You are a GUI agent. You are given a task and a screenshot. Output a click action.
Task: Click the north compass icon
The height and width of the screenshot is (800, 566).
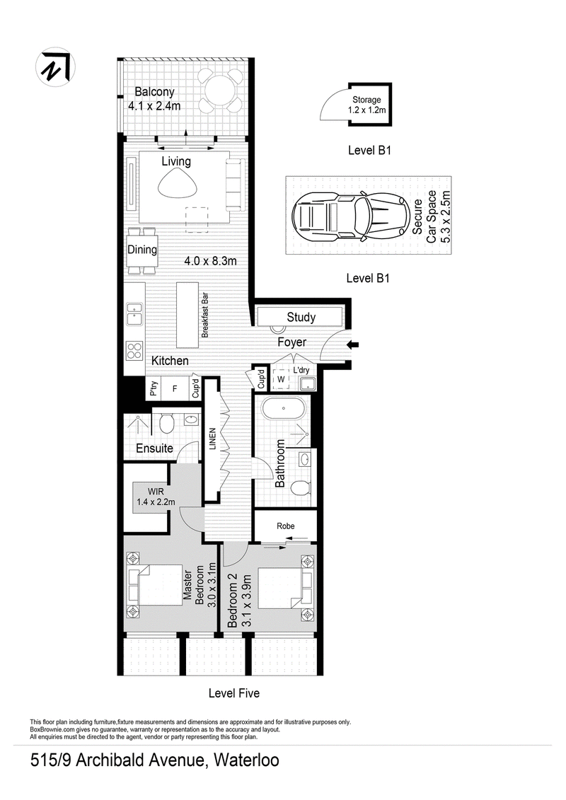pyautogui.click(x=55, y=68)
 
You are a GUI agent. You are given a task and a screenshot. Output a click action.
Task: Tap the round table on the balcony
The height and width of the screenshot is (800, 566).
pyautogui.click(x=221, y=91)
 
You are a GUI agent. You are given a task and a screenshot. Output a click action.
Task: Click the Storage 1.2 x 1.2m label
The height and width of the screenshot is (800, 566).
pyautogui.click(x=366, y=105)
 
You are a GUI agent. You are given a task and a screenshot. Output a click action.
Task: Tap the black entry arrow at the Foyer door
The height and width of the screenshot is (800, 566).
pyautogui.click(x=353, y=345)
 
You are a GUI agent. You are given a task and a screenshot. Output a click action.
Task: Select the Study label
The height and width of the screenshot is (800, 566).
pyautogui.click(x=301, y=318)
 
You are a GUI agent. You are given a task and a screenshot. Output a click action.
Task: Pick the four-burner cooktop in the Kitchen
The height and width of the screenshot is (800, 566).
pyautogui.click(x=134, y=351)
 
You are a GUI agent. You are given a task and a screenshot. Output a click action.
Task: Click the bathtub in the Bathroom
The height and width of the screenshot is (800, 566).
pyautogui.click(x=284, y=409)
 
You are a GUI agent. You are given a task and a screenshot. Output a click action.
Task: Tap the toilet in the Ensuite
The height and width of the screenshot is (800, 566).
pyautogui.click(x=166, y=422)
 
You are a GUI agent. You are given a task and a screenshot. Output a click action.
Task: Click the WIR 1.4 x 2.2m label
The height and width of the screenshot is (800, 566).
pyautogui.click(x=156, y=497)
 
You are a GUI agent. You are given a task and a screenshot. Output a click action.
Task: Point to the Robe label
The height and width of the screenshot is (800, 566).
pyautogui.click(x=286, y=526)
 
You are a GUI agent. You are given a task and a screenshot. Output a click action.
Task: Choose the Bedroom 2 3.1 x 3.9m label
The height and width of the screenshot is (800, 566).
pyautogui.click(x=239, y=601)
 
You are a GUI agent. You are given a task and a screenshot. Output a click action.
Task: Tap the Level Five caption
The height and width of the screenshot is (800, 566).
pyautogui.click(x=233, y=693)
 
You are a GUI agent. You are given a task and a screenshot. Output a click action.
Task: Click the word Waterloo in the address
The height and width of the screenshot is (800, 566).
pyautogui.click(x=246, y=760)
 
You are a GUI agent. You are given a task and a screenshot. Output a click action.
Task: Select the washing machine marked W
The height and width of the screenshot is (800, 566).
pyautogui.click(x=281, y=380)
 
